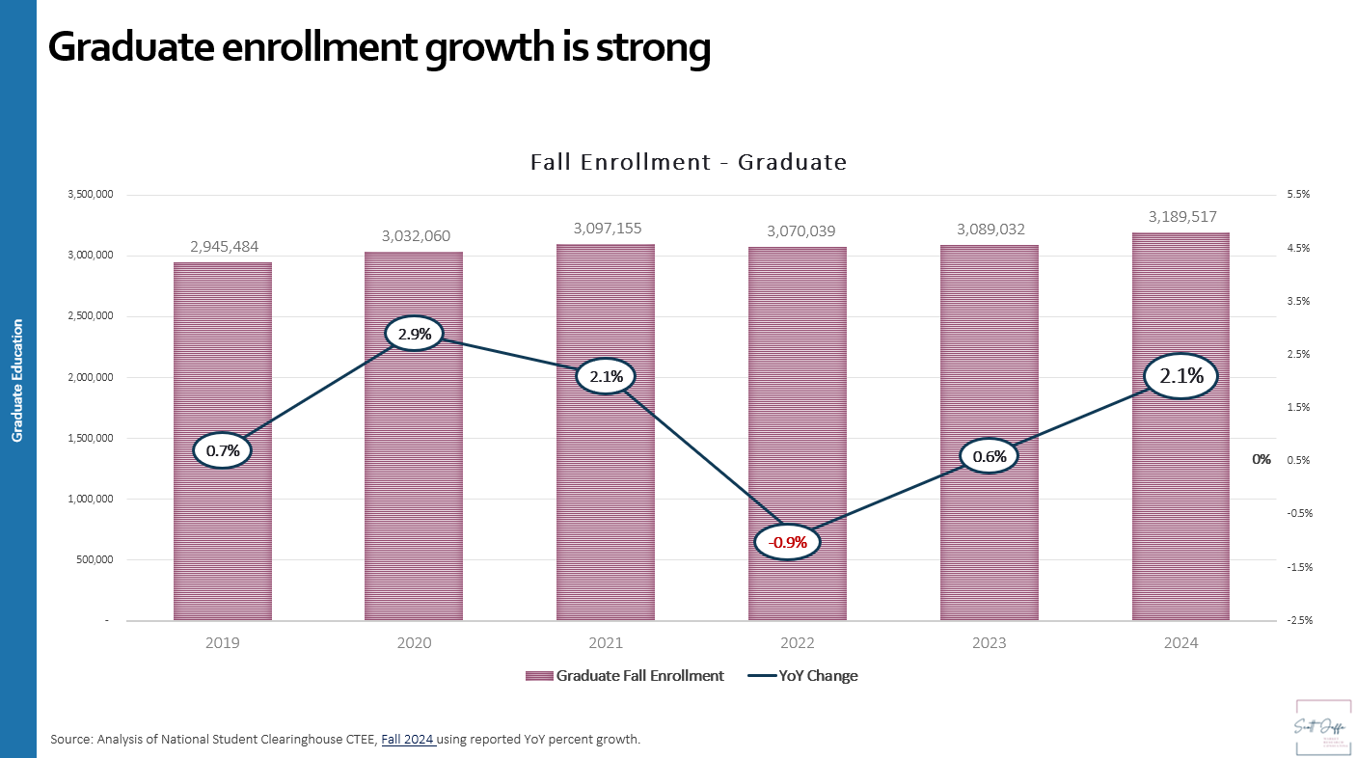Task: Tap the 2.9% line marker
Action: pos(415,335)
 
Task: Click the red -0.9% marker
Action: pos(788,542)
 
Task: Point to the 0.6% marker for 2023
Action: pos(990,456)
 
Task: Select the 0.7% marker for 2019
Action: pos(223,450)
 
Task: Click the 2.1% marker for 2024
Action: pos(1180,376)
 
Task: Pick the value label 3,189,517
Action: pos(1180,217)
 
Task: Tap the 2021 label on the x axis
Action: pos(606,643)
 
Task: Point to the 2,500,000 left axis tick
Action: pos(89,316)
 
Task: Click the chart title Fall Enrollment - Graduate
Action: pos(689,162)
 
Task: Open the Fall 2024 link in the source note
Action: pos(408,740)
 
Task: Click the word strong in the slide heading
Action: pos(643,47)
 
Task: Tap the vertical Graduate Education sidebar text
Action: pos(17,381)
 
